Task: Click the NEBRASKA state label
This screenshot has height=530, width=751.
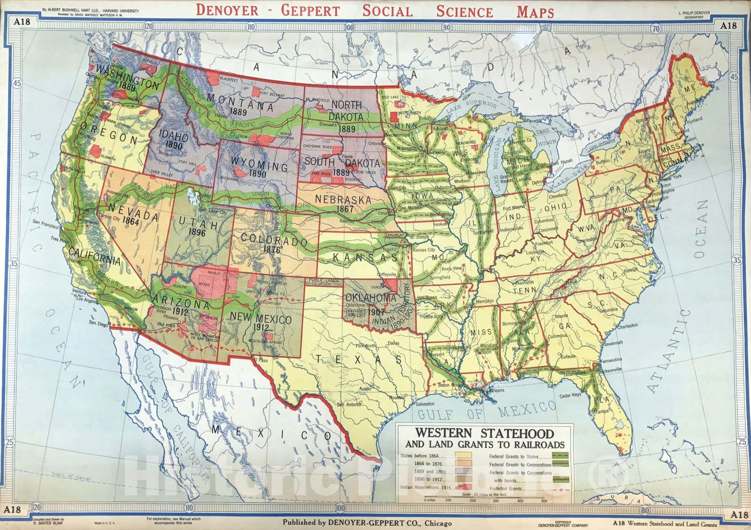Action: point(342,199)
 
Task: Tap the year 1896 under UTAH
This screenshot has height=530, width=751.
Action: point(197,232)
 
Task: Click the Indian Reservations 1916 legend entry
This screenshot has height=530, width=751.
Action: point(426,488)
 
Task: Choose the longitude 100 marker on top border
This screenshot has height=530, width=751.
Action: point(348,27)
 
